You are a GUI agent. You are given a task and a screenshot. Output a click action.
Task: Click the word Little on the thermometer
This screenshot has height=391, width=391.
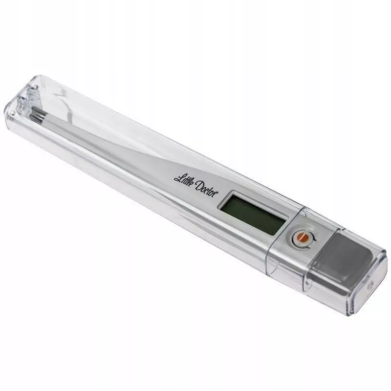pyautogui.click(x=183, y=180)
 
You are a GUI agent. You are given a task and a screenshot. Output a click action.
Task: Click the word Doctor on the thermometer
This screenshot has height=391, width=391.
pyautogui.click(x=205, y=188)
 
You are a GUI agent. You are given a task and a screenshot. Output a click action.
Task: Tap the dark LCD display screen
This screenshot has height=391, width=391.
pyautogui.click(x=252, y=214)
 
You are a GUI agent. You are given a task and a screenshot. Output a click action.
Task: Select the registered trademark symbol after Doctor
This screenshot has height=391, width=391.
pyautogui.click(x=217, y=192)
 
